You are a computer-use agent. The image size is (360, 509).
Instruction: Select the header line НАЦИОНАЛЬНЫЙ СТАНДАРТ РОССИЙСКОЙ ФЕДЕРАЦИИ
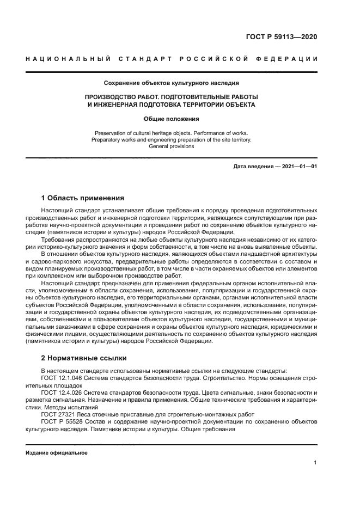point(171,59)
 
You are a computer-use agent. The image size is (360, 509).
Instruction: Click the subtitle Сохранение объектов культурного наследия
point(171,83)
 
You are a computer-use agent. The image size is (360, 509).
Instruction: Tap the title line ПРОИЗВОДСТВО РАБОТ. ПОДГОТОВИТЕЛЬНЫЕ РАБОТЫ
point(171,96)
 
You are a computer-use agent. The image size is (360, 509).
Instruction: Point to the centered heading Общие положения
point(171,118)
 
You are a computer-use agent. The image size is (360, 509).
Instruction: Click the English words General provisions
point(171,146)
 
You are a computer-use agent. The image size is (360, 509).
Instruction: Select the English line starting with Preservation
point(171,133)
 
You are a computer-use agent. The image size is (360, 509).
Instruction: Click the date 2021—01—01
point(300,166)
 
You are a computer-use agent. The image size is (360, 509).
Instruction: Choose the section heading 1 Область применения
point(83,198)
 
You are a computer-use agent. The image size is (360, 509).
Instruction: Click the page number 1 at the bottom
point(315,463)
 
